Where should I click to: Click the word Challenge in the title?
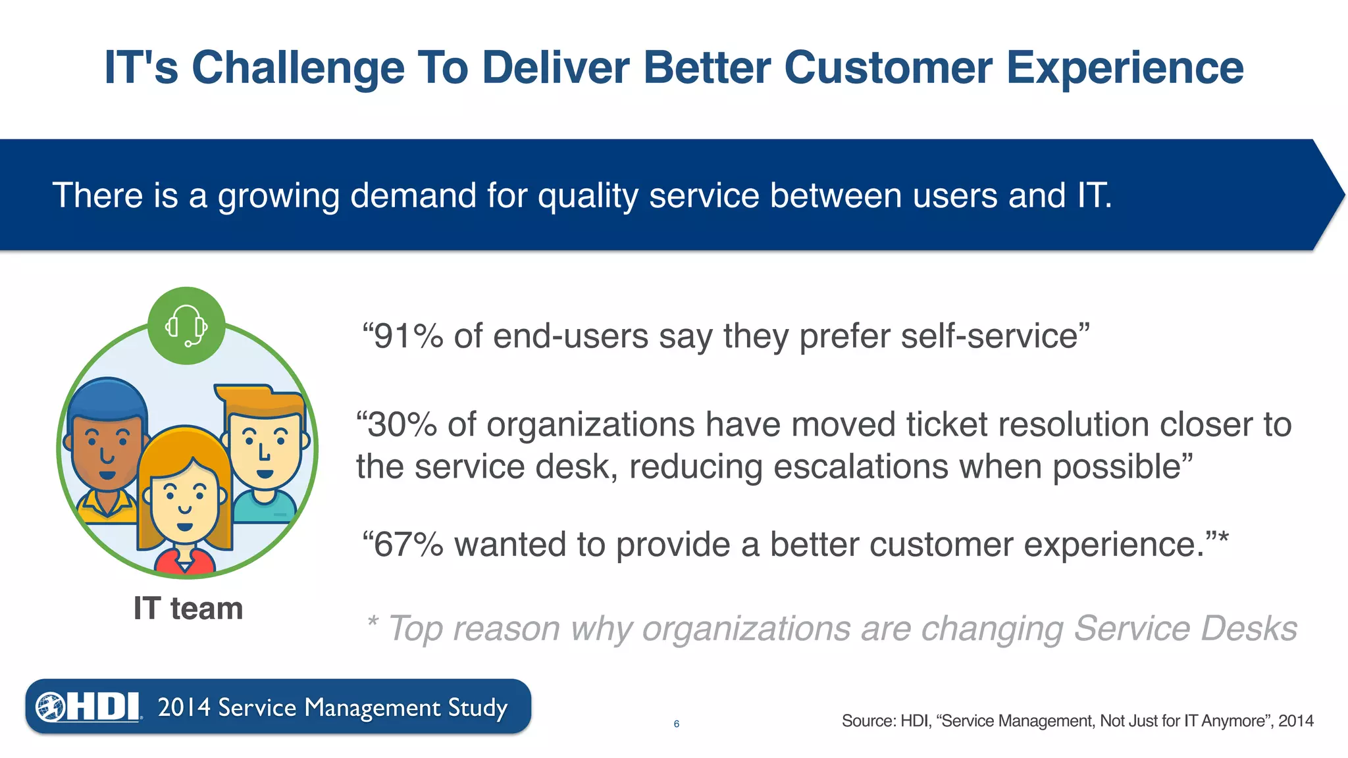298,68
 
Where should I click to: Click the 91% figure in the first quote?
408,336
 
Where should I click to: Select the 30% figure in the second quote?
402,424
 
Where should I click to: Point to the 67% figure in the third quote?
408,545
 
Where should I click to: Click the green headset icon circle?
186,326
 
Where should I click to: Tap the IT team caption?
188,608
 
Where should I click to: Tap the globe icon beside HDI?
50,707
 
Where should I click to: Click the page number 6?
676,724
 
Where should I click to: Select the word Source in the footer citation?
868,721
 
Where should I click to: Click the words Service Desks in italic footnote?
1185,628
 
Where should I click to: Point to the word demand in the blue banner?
413,195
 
